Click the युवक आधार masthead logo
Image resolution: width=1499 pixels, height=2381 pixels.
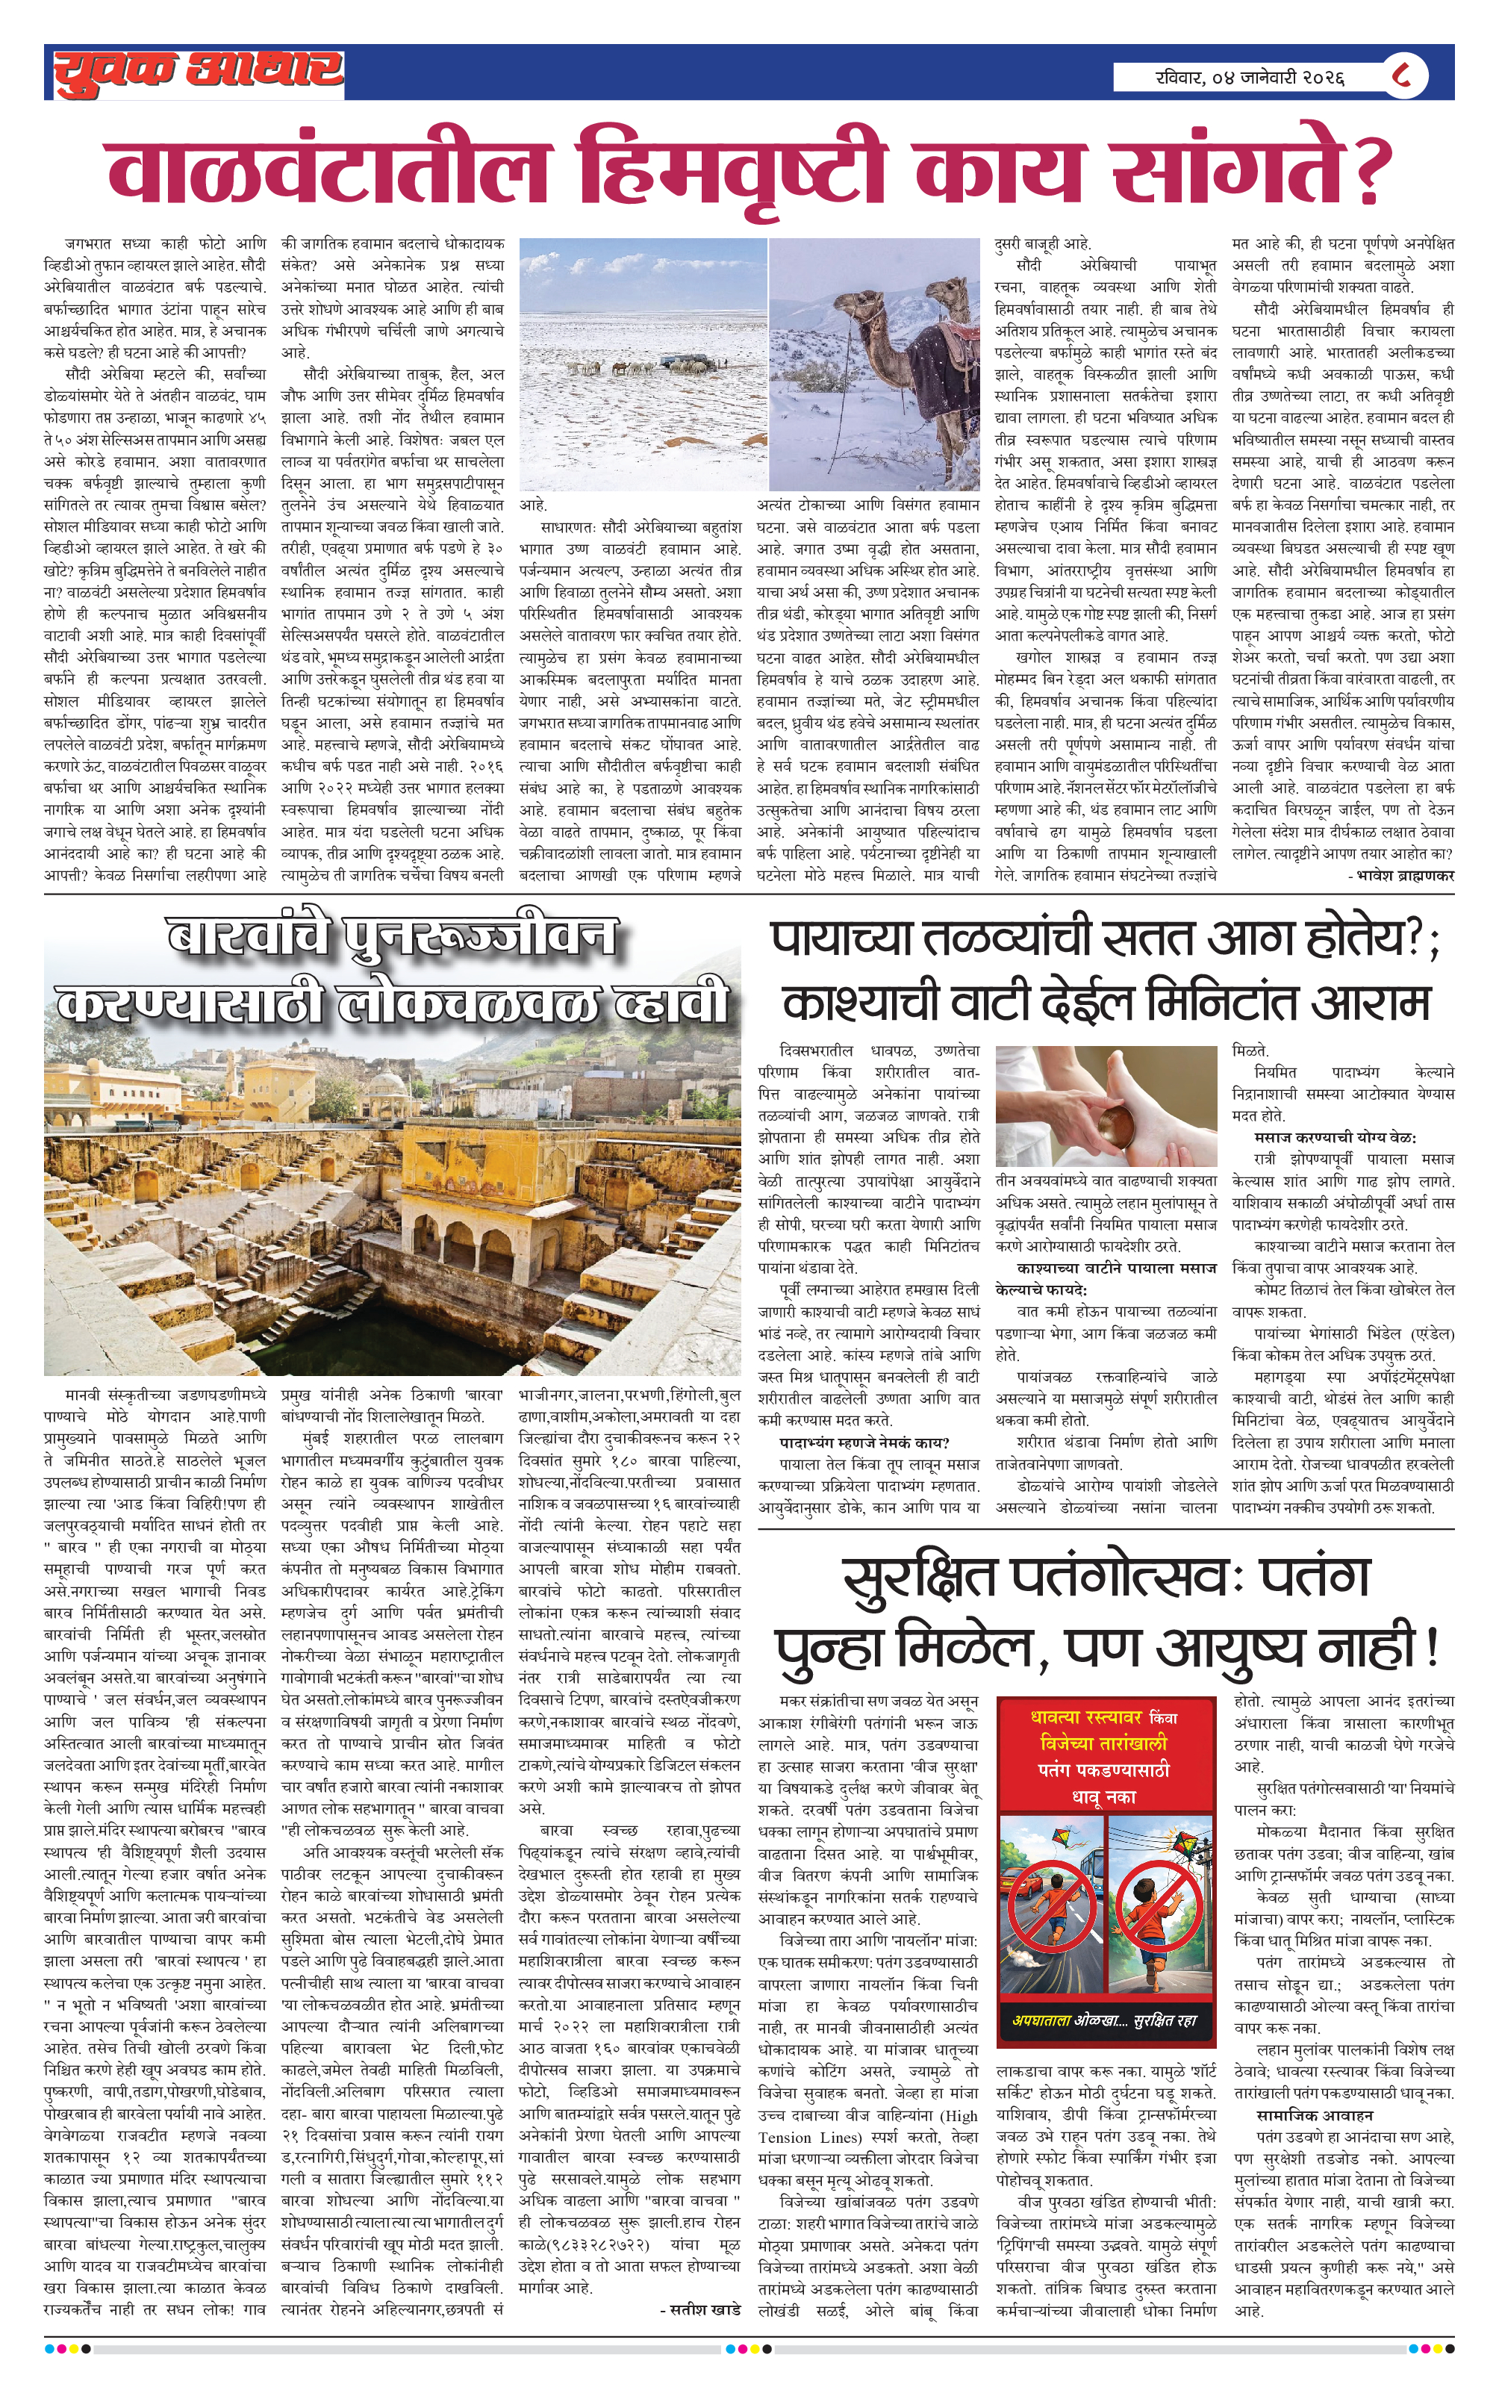coord(198,72)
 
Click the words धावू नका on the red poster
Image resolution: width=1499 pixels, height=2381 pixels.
coord(1105,1796)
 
